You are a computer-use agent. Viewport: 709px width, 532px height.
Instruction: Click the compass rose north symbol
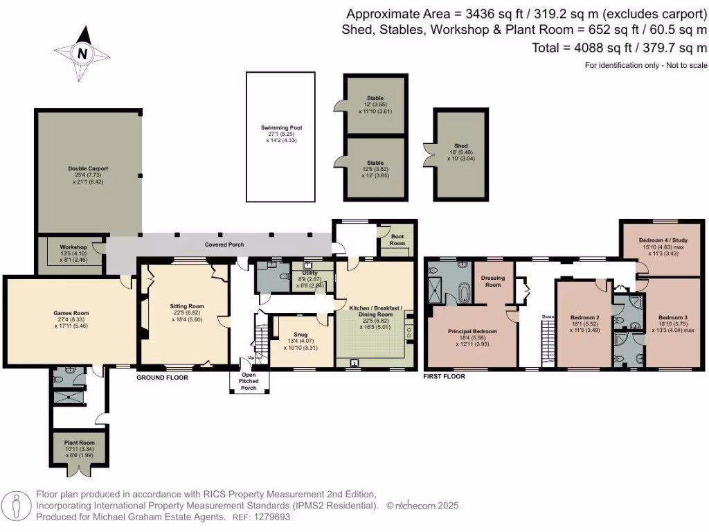82,53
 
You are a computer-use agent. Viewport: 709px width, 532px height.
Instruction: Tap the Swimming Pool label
281,128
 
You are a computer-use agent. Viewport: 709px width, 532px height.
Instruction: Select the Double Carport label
88,168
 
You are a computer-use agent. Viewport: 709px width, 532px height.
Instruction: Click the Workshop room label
73,247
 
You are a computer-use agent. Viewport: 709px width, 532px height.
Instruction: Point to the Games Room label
72,313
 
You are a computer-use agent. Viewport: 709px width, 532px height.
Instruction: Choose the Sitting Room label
187,305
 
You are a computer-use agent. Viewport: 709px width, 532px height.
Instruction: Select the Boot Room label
397,240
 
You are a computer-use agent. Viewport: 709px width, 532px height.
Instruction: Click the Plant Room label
76,442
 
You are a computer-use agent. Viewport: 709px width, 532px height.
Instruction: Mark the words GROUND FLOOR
162,378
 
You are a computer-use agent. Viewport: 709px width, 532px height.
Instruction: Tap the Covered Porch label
224,245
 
